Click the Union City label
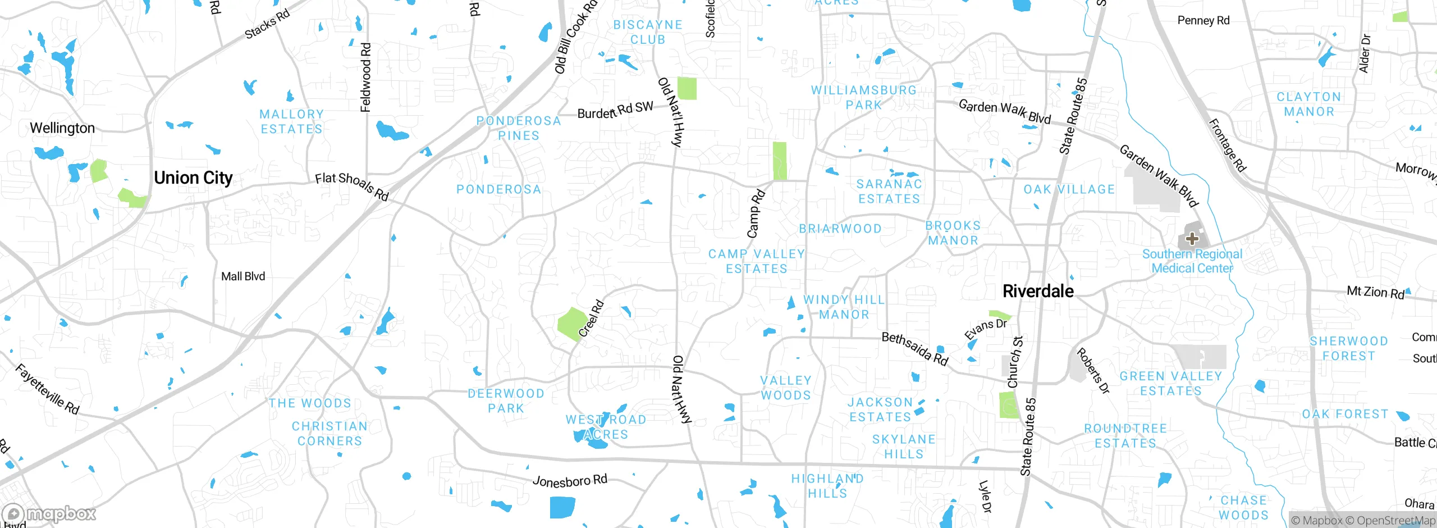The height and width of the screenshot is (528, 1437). pos(193,178)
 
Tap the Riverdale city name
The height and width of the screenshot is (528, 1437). pos(1038,291)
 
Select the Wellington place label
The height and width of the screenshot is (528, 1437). pos(62,128)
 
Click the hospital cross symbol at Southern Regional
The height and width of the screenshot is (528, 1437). pos(1192,239)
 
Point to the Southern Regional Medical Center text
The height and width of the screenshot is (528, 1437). pos(1192,261)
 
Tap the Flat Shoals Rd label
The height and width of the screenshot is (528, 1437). pos(352,186)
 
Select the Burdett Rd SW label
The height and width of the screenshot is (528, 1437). pos(615,110)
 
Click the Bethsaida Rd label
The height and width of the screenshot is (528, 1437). pos(915,348)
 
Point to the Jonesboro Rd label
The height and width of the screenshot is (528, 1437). pos(570,481)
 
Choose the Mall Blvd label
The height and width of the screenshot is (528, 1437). pos(243,276)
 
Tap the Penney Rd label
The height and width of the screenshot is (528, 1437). pos(1203,21)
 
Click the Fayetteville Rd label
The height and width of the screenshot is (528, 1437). pos(47,389)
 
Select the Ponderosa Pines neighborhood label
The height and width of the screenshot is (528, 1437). pos(518,128)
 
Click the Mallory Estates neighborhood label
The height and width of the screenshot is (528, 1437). pos(291,122)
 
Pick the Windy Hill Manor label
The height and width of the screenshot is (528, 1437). pos(844,307)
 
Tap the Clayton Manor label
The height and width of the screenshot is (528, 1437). pos(1309,104)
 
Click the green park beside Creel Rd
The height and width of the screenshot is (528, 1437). pos(571,323)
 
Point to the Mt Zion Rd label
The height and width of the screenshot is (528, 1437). pos(1375,292)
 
